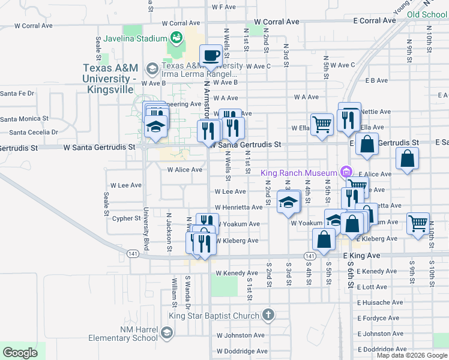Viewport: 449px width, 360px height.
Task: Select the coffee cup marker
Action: [211, 56]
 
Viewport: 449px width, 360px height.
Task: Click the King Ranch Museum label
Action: [300, 173]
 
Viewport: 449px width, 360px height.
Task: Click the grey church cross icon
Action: [268, 315]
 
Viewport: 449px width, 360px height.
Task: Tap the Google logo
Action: [20, 353]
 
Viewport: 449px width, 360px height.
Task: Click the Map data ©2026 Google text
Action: [412, 355]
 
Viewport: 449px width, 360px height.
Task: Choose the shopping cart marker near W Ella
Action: [322, 124]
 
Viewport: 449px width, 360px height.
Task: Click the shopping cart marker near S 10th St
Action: [418, 223]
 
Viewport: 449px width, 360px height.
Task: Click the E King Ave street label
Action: [362, 256]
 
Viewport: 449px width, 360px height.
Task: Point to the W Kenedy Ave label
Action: [237, 273]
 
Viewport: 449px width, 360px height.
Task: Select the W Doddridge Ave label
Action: [240, 351]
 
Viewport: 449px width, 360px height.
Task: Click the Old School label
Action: [427, 14]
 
